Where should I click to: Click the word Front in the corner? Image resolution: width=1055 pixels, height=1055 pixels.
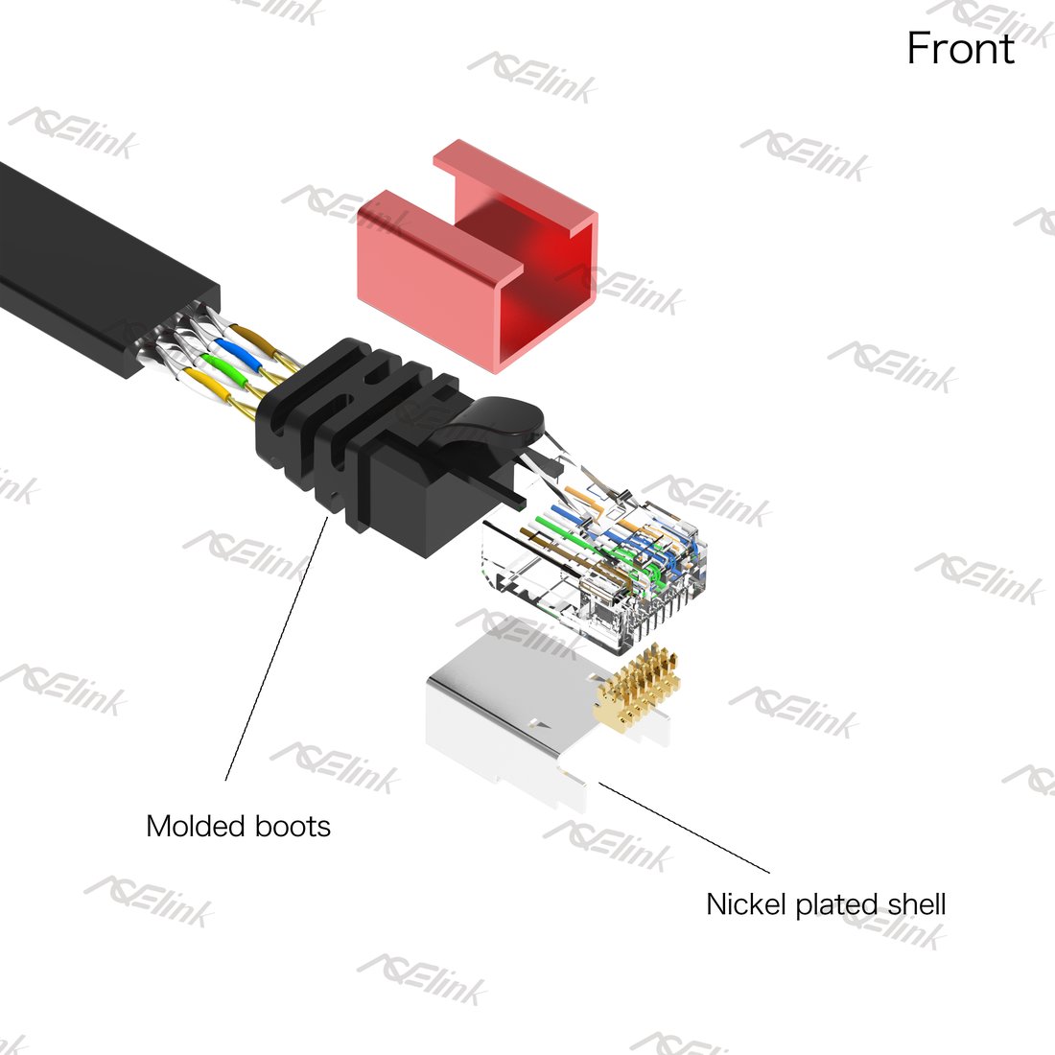960,49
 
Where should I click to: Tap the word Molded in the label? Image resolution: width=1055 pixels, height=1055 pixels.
195,826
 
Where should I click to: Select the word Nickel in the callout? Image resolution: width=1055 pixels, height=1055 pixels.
747,903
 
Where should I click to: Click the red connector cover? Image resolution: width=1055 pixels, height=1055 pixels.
478,256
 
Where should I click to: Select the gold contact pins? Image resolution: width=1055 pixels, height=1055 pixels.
637,688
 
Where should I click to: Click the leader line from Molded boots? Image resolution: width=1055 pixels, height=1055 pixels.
276,648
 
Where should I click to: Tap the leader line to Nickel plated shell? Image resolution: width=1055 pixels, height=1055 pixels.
684,828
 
